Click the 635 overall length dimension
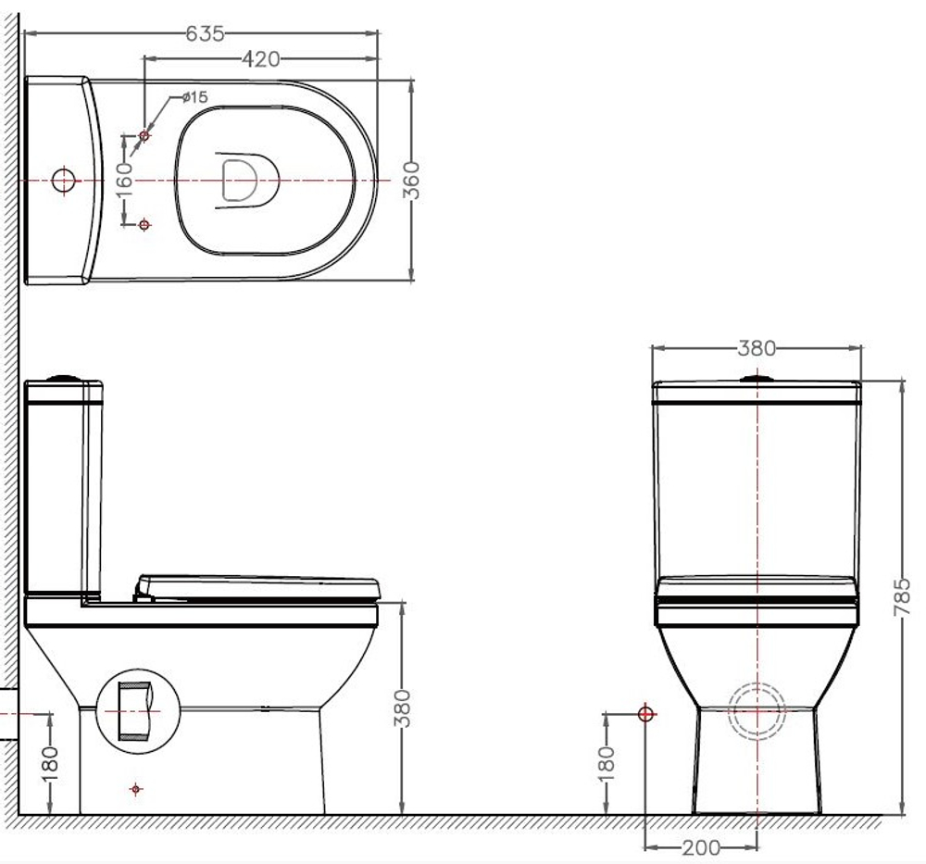point(205,33)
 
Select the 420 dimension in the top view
point(260,59)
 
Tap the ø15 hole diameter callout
point(194,97)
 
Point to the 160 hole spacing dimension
point(123,181)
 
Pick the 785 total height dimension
point(901,597)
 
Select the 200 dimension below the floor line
point(701,848)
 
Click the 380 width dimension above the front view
point(757,348)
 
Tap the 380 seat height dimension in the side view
point(402,708)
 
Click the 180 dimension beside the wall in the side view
point(50,764)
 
